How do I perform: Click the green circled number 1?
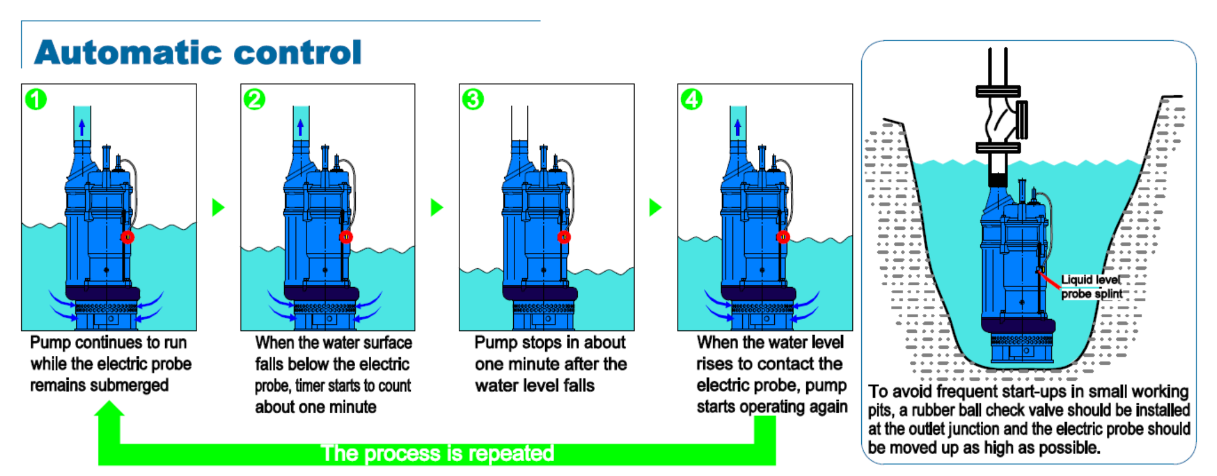pos(36,99)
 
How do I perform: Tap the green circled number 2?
pos(255,99)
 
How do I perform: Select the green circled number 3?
pos(473,99)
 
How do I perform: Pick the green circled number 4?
pos(691,99)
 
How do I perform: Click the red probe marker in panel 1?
pos(127,237)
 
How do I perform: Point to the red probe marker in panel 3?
pos(564,237)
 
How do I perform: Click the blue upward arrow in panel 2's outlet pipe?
pos(301,127)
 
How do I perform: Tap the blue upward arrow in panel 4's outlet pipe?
pos(738,127)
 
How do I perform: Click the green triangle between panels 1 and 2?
pos(218,207)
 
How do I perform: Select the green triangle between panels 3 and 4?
pos(655,207)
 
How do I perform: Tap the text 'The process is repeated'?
pos(437,454)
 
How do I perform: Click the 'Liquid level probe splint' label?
pos(1091,287)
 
